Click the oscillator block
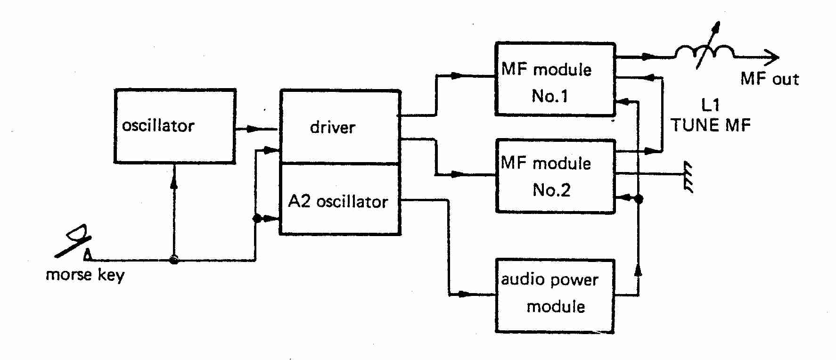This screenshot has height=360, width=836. point(175,126)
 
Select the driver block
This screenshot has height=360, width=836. point(340,127)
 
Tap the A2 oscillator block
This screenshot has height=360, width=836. point(340,200)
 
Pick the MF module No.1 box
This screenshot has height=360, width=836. point(555,80)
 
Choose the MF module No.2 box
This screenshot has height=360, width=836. point(555,176)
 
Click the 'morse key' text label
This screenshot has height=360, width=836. point(85,275)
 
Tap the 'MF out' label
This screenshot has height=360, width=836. point(769,79)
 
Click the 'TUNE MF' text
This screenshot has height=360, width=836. point(710,125)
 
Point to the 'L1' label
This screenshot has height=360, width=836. point(710,105)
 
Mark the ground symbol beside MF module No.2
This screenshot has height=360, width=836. point(688,177)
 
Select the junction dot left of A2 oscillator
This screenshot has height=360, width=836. point(257,219)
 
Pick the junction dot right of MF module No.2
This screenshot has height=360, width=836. point(639,199)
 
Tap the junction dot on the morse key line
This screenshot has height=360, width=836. point(174,260)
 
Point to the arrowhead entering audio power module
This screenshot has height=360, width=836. point(465,295)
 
